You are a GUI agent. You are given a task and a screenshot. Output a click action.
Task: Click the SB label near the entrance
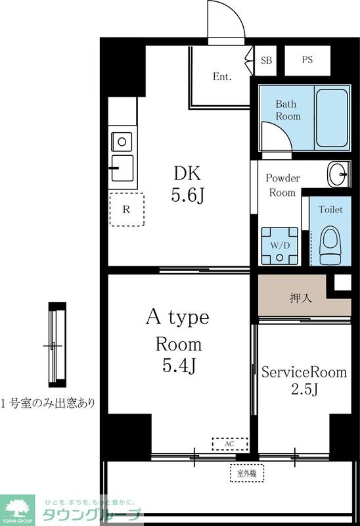[266, 60]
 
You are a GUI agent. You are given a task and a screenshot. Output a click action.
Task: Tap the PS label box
[307, 60]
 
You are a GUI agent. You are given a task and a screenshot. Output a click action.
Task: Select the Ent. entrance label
[222, 77]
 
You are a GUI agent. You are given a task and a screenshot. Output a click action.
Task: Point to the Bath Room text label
[288, 110]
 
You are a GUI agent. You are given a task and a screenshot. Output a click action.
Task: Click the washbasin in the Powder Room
[338, 174]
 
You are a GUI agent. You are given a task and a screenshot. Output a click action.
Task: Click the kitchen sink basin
[122, 167]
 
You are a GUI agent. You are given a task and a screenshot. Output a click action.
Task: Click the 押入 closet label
[300, 297]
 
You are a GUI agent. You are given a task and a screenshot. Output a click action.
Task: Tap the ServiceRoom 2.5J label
[304, 380]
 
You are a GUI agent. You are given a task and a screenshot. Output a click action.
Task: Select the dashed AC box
[229, 444]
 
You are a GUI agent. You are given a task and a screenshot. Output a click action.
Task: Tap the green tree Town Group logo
[18, 508]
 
